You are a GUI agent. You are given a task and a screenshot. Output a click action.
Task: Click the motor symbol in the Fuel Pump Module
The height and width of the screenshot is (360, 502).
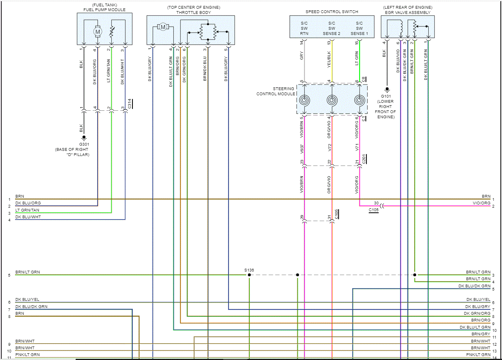click(98, 31)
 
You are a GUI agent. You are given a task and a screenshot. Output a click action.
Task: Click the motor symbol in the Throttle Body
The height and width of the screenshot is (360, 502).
click(163, 27)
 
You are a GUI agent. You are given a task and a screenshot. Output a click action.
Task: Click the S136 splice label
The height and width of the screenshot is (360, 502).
click(249, 270)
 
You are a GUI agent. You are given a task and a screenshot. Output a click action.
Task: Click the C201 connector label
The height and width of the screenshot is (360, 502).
click(364, 159)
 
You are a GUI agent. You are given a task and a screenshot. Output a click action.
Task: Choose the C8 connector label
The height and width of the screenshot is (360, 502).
click(364, 79)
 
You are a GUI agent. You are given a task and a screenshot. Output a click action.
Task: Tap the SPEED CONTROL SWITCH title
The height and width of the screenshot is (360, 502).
click(331, 12)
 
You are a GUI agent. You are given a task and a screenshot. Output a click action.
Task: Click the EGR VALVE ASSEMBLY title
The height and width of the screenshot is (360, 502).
click(407, 12)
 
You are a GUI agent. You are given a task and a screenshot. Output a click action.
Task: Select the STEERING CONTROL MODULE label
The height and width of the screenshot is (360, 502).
click(276, 91)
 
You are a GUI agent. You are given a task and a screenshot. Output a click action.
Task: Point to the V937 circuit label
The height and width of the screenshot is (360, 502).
click(302, 149)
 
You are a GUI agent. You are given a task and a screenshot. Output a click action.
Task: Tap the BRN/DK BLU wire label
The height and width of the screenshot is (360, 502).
click(205, 69)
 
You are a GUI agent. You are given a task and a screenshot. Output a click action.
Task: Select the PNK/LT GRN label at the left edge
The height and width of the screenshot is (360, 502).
click(27, 354)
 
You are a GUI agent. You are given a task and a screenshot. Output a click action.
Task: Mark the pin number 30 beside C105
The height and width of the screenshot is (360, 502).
click(376, 203)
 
